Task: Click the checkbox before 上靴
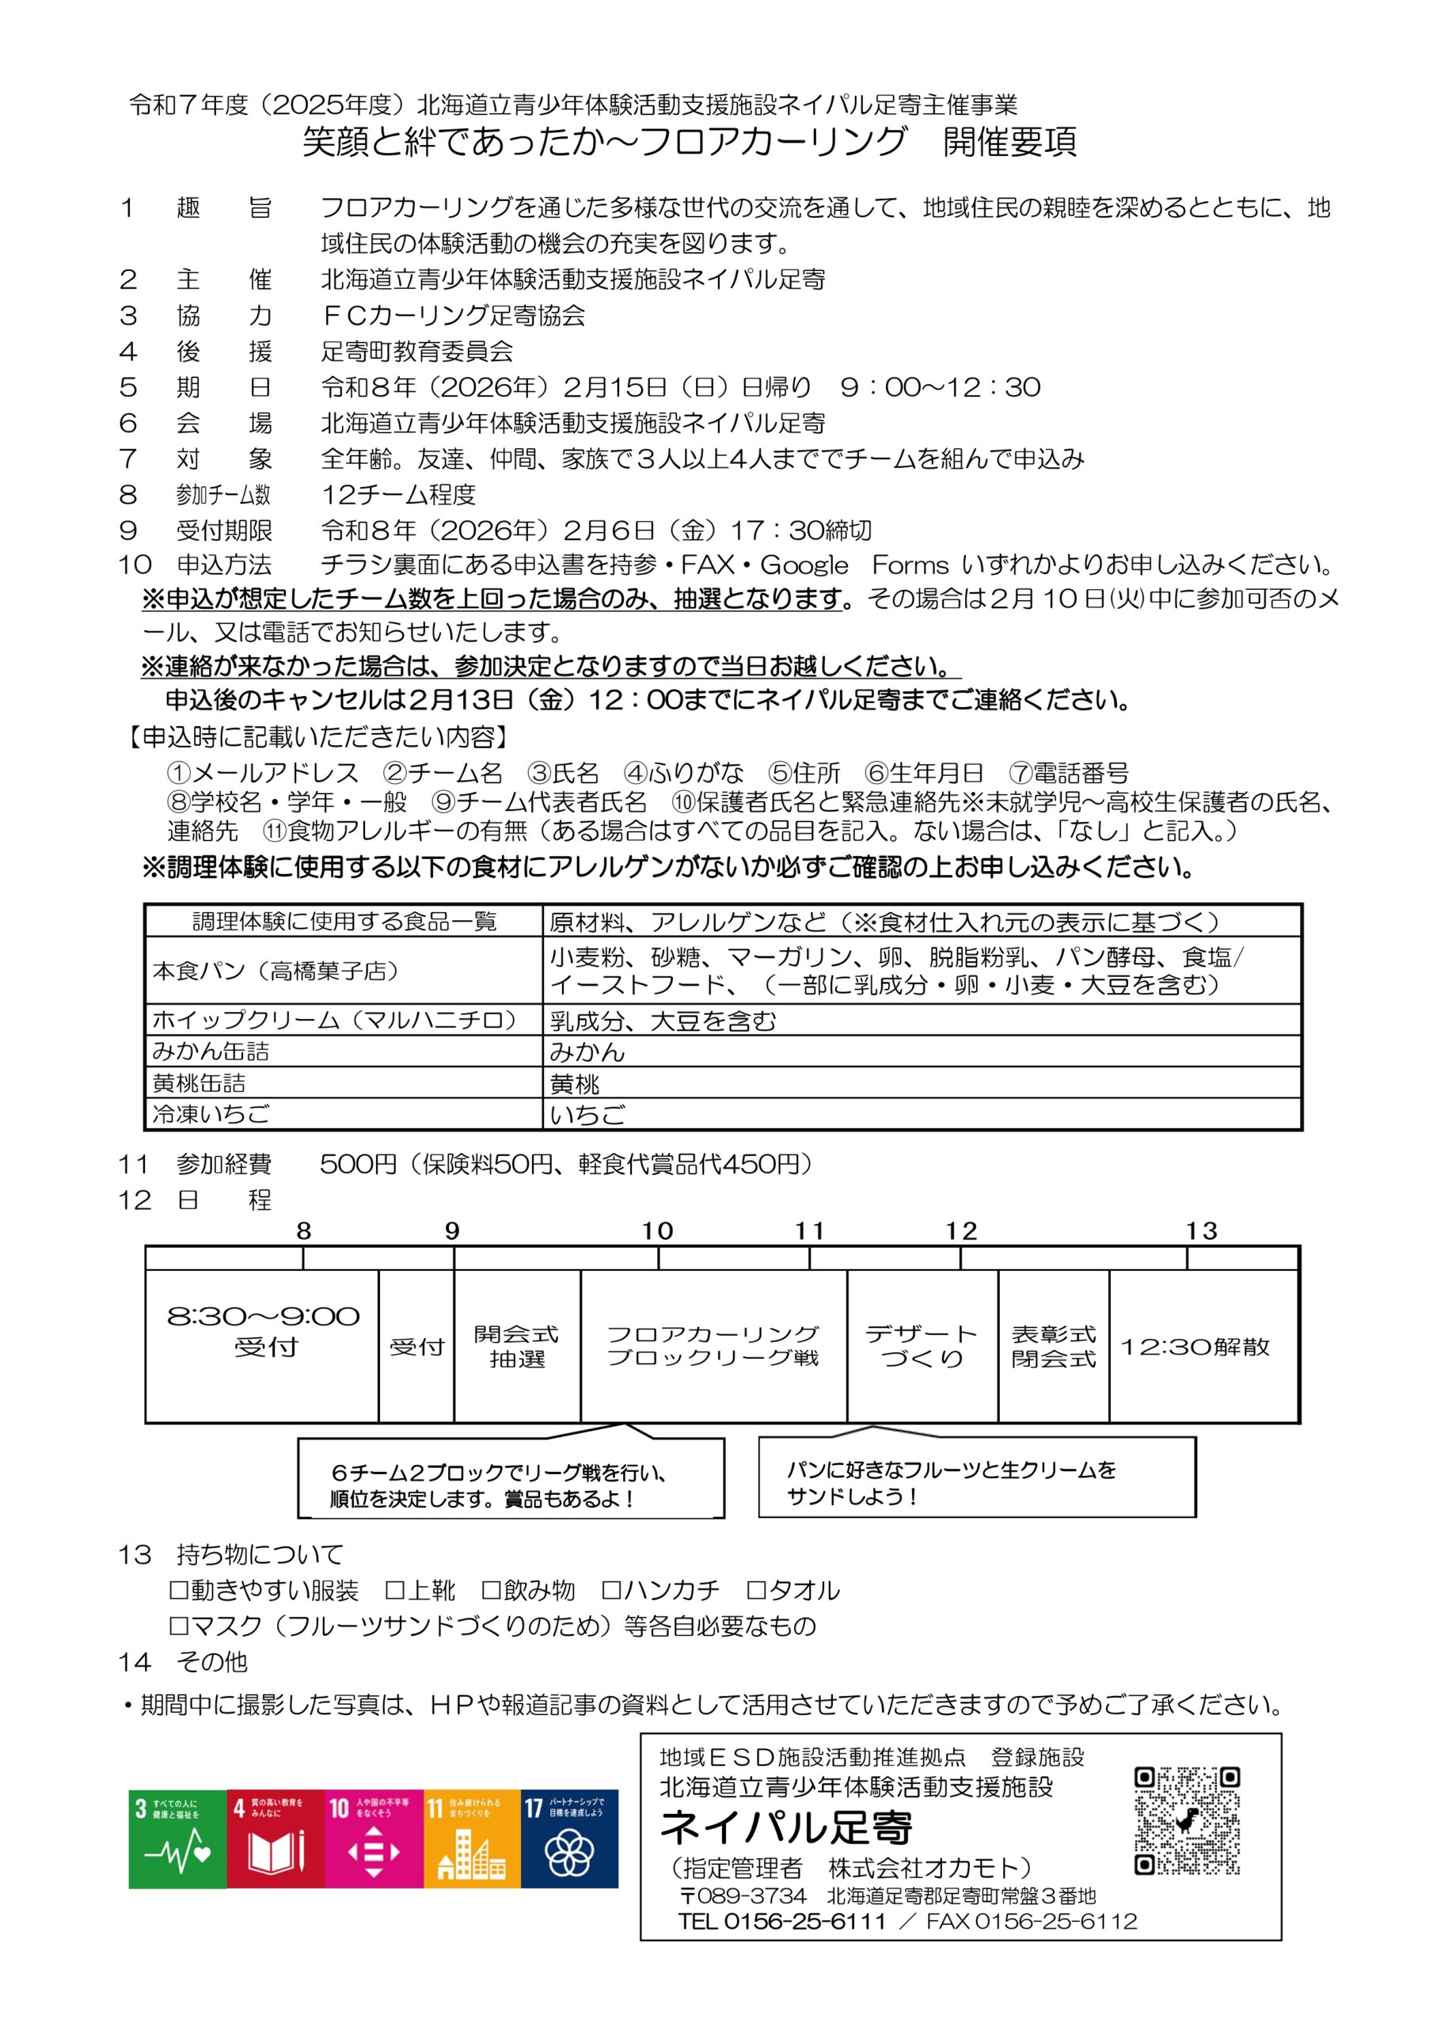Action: point(395,1590)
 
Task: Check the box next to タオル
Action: point(756,1590)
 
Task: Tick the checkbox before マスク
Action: point(178,1626)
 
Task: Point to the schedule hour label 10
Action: point(657,1230)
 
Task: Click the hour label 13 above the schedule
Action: point(1201,1230)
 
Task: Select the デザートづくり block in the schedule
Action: point(922,1346)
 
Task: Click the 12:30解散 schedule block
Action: point(1195,1346)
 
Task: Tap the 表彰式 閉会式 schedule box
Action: point(1053,1346)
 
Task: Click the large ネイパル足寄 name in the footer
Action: point(786,1827)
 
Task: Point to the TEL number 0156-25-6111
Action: point(804,1921)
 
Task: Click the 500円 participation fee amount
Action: point(358,1164)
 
